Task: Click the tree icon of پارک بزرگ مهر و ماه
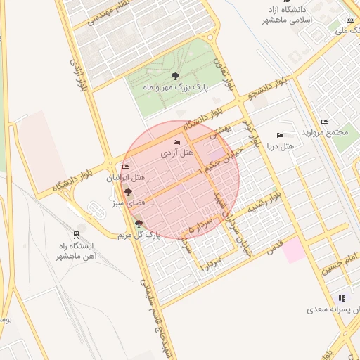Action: tap(175, 76)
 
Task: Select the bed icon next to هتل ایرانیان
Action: tap(125, 167)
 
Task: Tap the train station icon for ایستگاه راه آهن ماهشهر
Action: tap(75, 235)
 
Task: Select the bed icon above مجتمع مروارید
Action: tap(324, 122)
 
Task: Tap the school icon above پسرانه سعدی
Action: tap(342, 299)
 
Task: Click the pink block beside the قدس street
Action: tap(295, 250)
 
